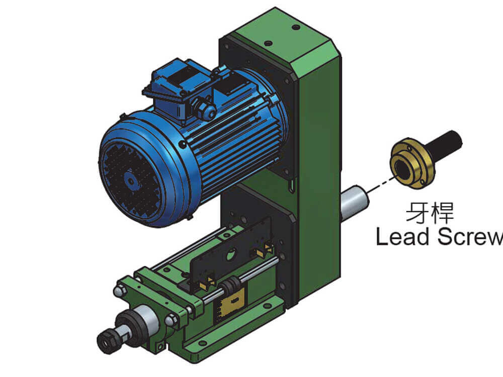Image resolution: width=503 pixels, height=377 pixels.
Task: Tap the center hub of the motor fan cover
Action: (x=131, y=181)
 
